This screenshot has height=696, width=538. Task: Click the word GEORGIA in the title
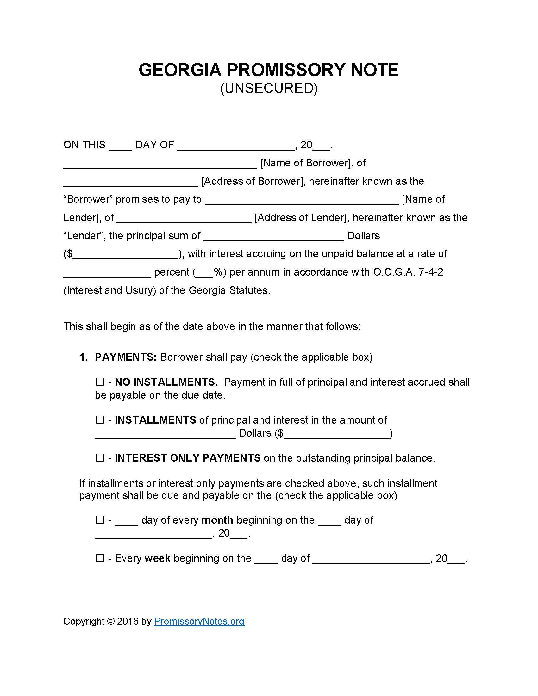(x=180, y=70)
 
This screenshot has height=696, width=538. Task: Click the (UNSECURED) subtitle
(x=269, y=88)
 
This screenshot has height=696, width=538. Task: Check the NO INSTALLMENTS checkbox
(x=100, y=382)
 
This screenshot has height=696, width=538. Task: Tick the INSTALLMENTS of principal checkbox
(x=100, y=420)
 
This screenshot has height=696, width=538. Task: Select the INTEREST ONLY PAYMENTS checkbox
(x=100, y=458)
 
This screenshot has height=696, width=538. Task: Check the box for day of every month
(x=100, y=520)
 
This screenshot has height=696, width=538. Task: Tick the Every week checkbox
(x=100, y=558)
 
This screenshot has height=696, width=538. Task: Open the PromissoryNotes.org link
(x=199, y=621)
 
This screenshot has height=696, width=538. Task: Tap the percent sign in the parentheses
(x=218, y=272)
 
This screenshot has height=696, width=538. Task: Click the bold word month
(x=217, y=520)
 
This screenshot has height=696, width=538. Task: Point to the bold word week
(x=158, y=558)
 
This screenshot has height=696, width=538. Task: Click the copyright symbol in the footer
(x=111, y=621)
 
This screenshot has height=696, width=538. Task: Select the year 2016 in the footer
(x=128, y=621)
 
